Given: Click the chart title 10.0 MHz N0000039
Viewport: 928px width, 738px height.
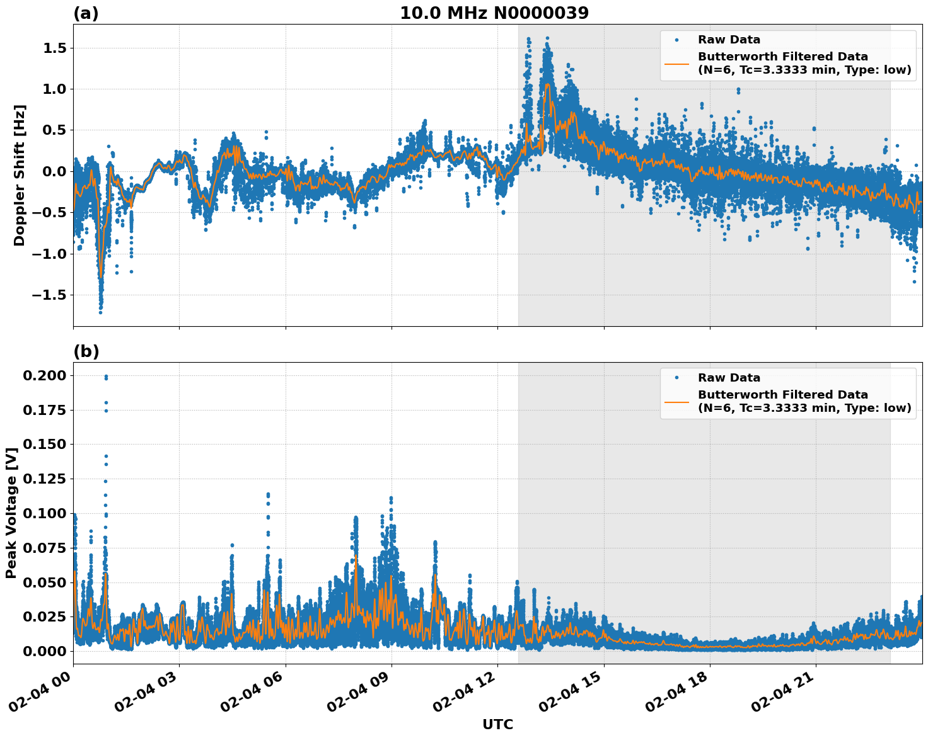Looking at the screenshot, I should pyautogui.click(x=494, y=13).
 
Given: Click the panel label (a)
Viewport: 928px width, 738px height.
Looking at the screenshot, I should pyautogui.click(x=86, y=13).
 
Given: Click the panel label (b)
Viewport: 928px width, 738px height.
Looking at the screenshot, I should pyautogui.click(x=86, y=351).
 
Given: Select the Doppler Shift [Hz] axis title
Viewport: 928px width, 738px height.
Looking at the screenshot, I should pyautogui.click(x=20, y=175).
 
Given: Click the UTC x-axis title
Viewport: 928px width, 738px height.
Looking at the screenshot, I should pyautogui.click(x=497, y=724).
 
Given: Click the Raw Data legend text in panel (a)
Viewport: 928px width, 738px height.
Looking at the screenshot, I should pyautogui.click(x=729, y=40).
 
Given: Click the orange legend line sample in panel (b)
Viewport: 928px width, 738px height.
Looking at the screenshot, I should pyautogui.click(x=676, y=401).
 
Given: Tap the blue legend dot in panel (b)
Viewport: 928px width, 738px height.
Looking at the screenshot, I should pyautogui.click(x=676, y=378).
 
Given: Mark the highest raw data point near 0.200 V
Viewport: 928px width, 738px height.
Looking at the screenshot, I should pyautogui.click(x=106, y=377).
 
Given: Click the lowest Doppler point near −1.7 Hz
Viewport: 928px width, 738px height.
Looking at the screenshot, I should pyautogui.click(x=100, y=312).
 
